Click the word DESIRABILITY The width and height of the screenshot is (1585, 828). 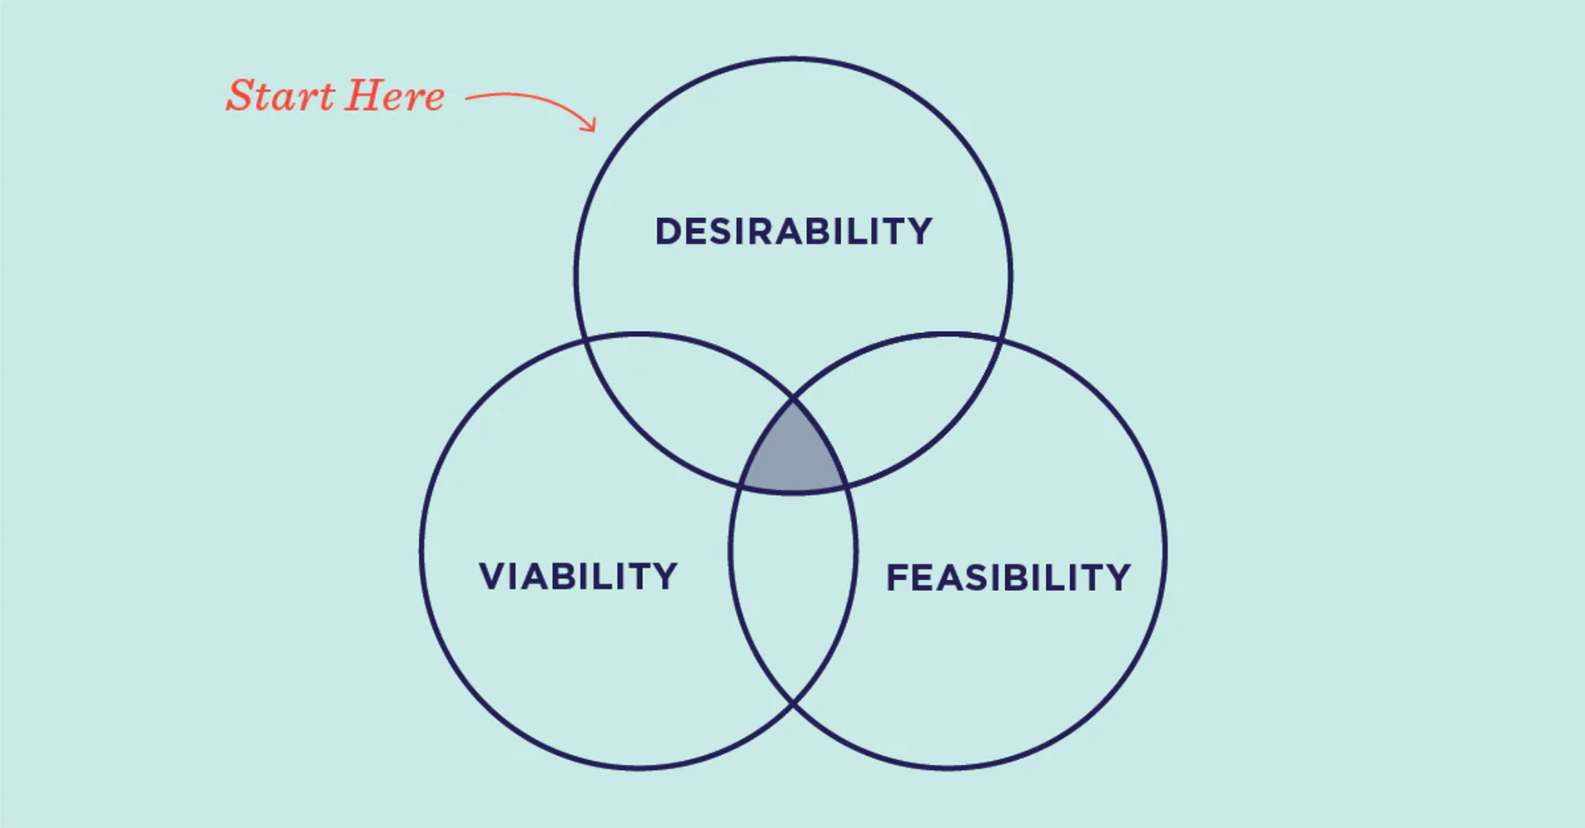(x=793, y=231)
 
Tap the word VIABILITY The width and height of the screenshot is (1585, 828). (x=579, y=576)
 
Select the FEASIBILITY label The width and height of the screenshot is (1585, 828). (x=1008, y=578)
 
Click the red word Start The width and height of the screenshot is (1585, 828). (x=281, y=96)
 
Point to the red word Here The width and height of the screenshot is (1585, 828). (x=395, y=96)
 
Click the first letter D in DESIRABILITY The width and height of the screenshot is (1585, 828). (x=668, y=231)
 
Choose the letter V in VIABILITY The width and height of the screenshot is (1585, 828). (x=493, y=576)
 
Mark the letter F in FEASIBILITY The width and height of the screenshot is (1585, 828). (x=896, y=578)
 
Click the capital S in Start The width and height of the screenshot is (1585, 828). (x=241, y=96)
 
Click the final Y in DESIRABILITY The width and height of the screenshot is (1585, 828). (x=919, y=231)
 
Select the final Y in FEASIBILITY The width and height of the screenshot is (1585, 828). (x=1117, y=578)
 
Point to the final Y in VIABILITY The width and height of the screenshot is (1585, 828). (x=665, y=576)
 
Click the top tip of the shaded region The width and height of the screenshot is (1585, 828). (x=793, y=399)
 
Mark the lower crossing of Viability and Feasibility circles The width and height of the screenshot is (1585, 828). (x=793, y=704)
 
